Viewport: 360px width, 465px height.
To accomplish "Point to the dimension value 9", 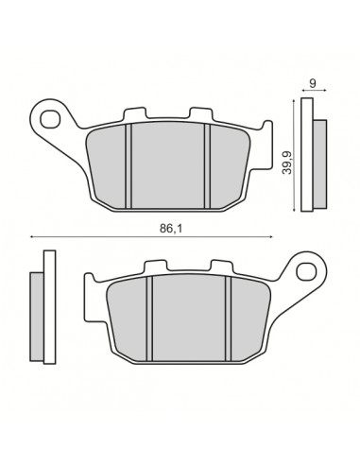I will [x=313, y=82].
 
